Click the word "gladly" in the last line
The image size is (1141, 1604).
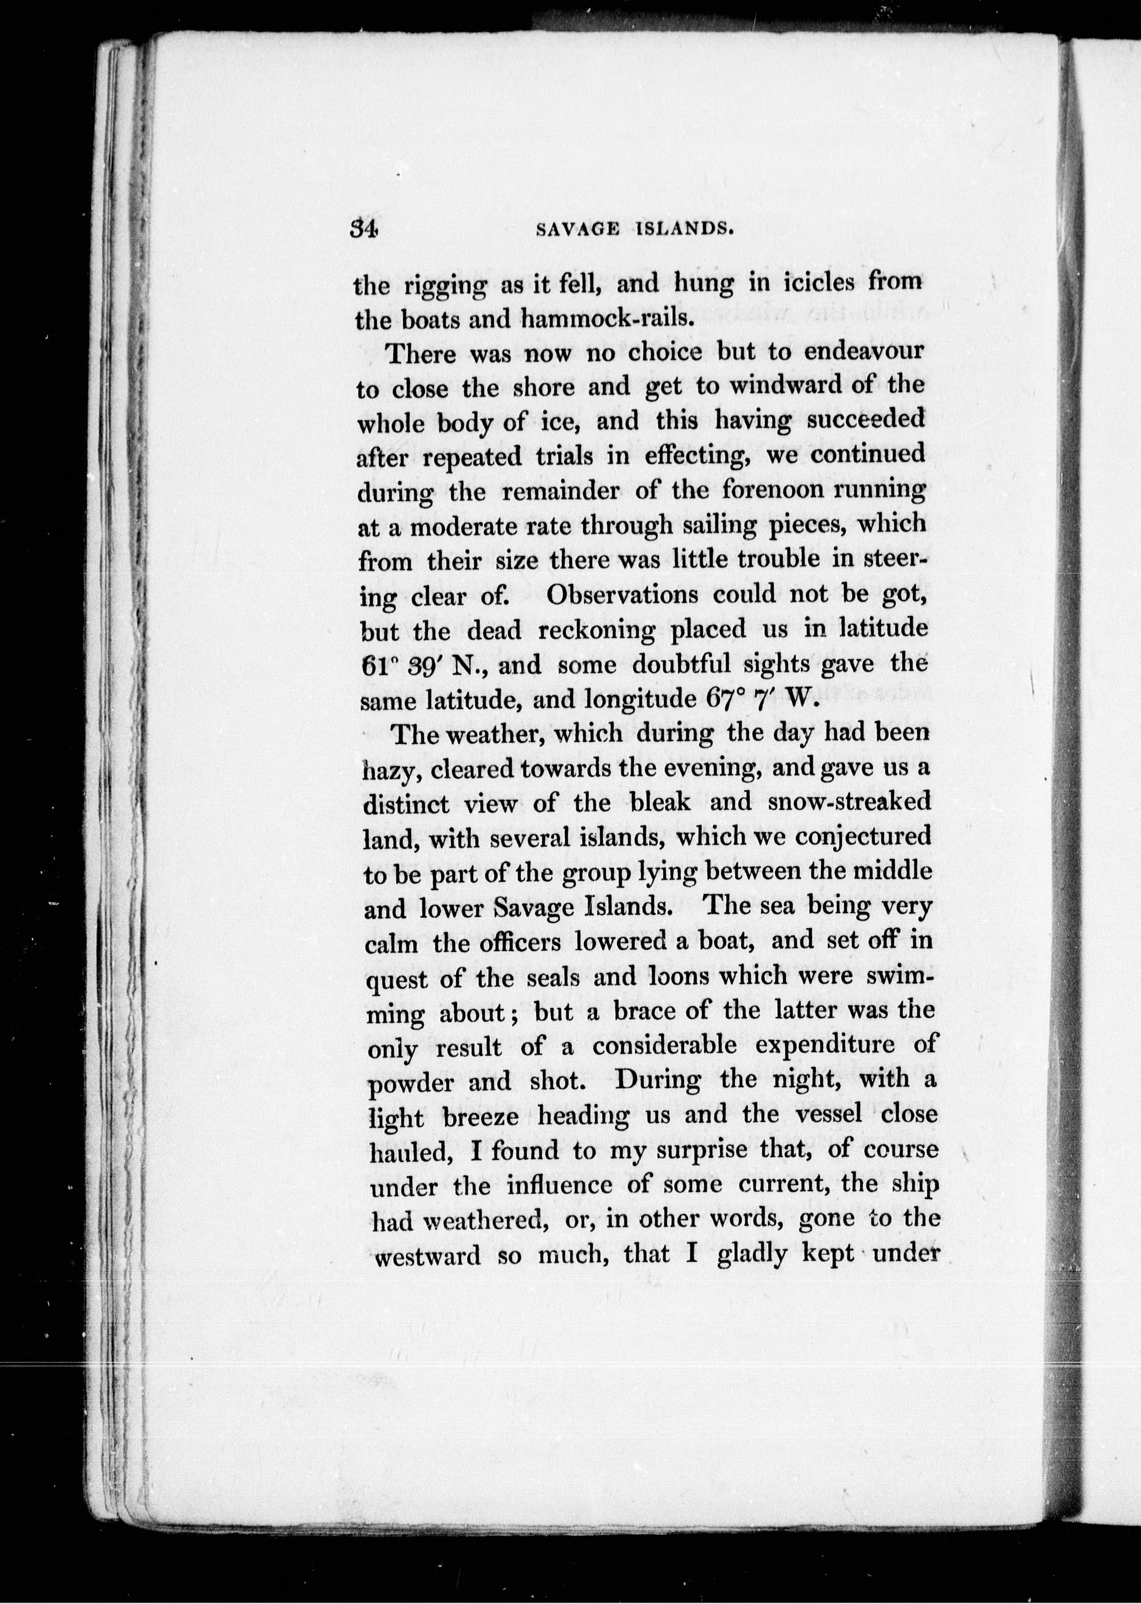click(x=753, y=1255)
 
